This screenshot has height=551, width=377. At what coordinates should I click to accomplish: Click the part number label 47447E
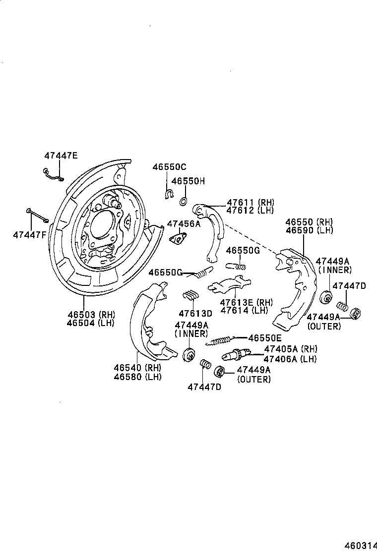61,156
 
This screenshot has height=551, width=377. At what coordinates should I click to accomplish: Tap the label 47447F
30,234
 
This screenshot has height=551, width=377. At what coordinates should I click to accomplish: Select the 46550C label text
169,167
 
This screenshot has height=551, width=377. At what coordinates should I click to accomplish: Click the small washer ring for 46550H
182,201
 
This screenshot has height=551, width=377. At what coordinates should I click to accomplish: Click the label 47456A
184,224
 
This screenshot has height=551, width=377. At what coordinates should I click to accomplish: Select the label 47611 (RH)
251,202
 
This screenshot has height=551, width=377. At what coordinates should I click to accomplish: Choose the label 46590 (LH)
309,230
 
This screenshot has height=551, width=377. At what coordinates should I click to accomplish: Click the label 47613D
195,313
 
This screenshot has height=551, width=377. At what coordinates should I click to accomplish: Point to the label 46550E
265,337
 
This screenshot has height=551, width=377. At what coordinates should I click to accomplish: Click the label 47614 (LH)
244,311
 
